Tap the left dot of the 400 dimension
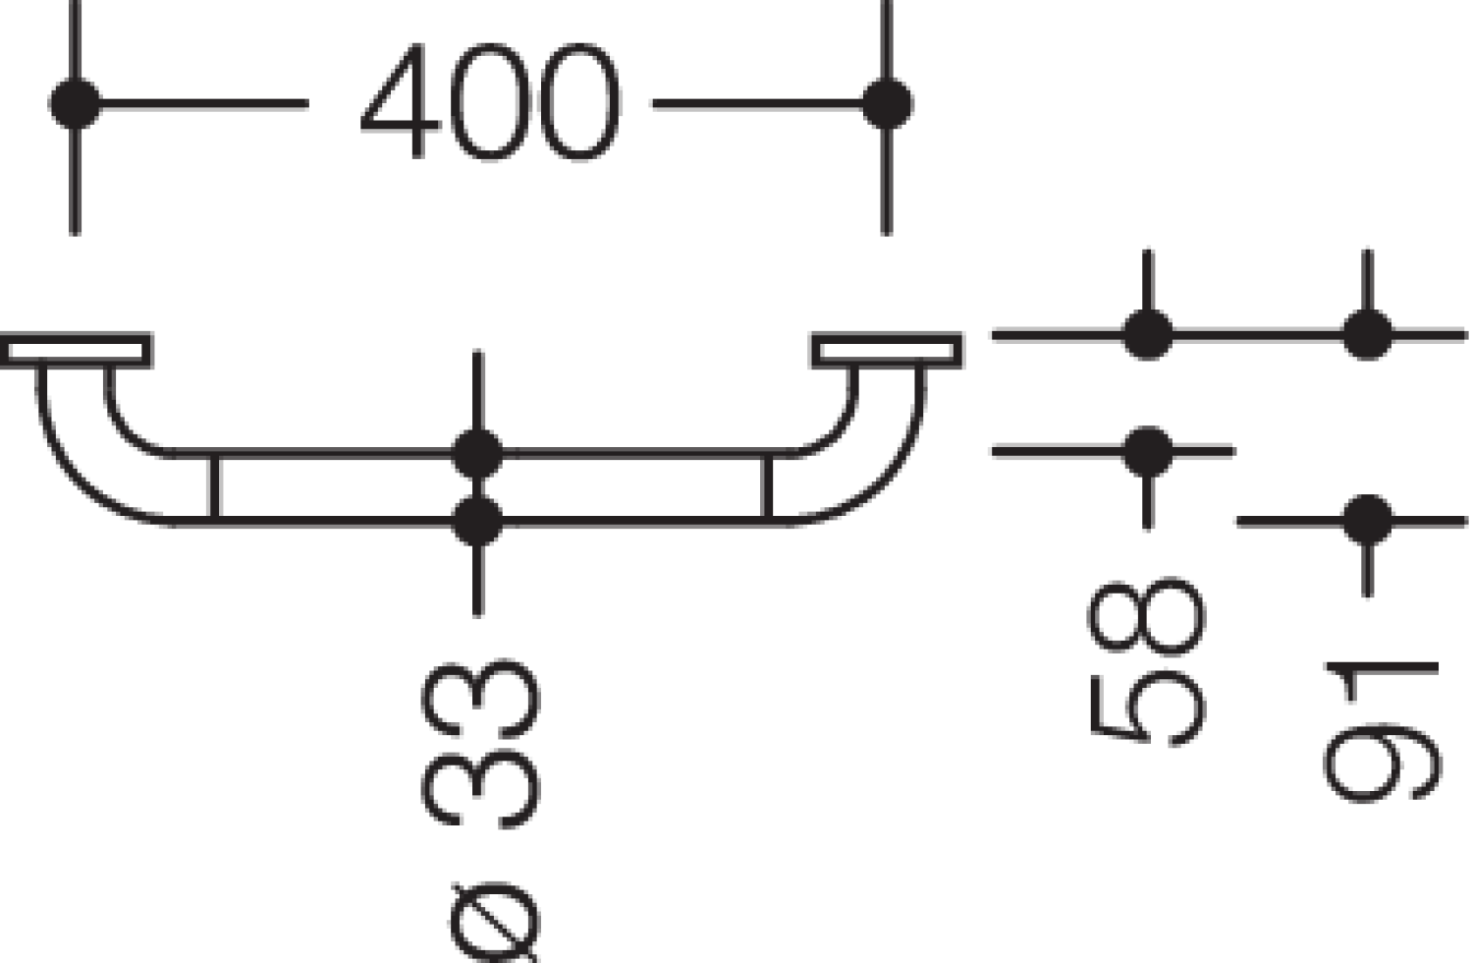tap(76, 103)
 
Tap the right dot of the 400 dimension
tap(887, 103)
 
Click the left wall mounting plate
tap(77, 350)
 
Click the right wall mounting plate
tap(887, 350)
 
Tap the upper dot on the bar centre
tap(478, 454)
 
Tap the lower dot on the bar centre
tap(478, 521)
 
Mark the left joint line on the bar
tap(214, 487)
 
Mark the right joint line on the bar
tap(767, 487)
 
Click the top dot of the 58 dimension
tap(1148, 335)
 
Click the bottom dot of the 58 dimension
tap(1148, 452)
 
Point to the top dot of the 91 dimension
tap(1368, 335)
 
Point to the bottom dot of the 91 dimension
tap(1368, 521)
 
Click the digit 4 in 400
tap(401, 100)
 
